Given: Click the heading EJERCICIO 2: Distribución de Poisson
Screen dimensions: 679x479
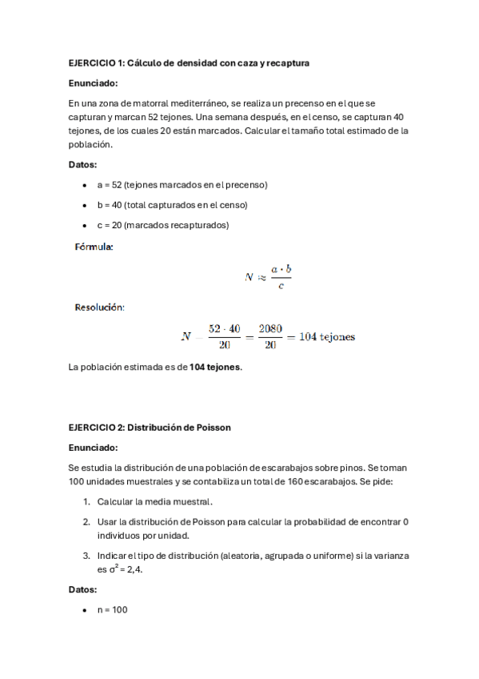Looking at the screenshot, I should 150,428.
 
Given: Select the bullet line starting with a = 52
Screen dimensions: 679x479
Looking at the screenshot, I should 182,185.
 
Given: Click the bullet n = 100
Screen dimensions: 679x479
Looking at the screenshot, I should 112,610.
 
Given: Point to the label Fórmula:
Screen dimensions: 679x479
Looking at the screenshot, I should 94,247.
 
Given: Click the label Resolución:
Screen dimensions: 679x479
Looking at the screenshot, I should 99,307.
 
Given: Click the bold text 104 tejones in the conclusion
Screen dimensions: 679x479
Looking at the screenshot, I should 214,368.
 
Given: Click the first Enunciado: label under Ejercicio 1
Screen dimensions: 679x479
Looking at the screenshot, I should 93,82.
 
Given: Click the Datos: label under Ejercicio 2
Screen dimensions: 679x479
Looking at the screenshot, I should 83,589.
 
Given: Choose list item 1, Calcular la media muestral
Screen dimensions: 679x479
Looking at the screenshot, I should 154,502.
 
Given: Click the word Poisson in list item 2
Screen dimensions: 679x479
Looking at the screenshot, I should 192,522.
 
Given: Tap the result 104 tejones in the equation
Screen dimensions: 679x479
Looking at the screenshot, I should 327,336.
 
